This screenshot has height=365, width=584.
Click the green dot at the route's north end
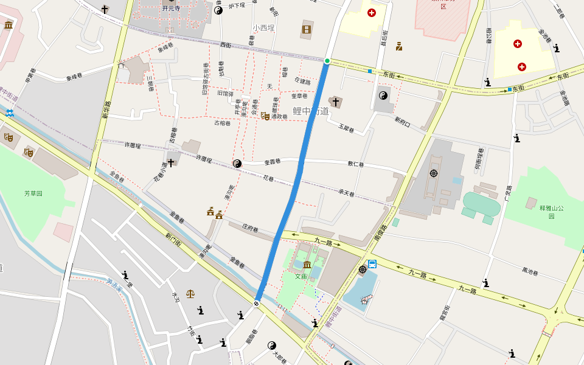click(x=327, y=61)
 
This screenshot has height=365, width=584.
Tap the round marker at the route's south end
click(x=257, y=303)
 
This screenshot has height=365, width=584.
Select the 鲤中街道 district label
click(x=310, y=111)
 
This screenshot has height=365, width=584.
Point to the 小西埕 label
click(x=263, y=28)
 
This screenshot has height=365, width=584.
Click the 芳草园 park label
click(x=33, y=193)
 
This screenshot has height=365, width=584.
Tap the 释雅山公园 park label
click(x=552, y=212)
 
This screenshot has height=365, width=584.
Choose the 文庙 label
click(x=301, y=276)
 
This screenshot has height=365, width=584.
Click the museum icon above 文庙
click(x=307, y=265)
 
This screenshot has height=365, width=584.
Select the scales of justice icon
click(x=191, y=293)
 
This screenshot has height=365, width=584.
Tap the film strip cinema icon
click(x=307, y=29)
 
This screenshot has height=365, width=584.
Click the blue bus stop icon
click(x=372, y=264)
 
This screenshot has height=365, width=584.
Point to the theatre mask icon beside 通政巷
click(x=265, y=116)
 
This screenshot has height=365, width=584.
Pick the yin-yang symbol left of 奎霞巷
click(x=237, y=163)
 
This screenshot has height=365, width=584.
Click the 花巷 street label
click(x=268, y=178)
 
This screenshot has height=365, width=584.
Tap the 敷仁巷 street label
click(x=355, y=164)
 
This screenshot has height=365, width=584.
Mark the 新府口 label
click(x=403, y=122)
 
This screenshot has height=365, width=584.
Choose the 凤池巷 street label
click(x=530, y=270)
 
